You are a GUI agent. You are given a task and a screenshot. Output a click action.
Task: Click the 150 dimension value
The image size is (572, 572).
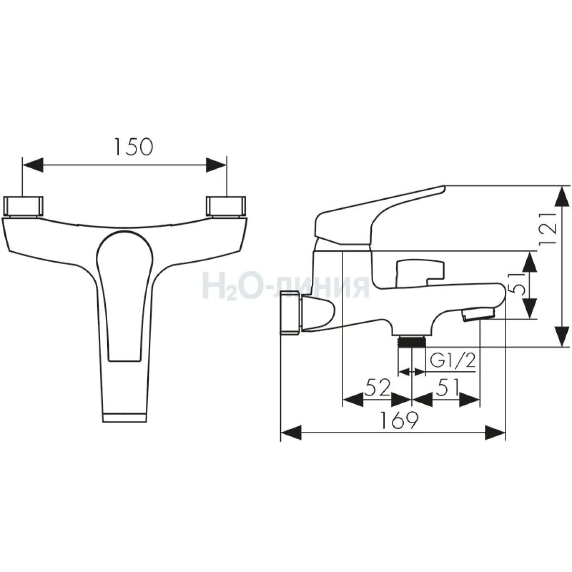point(134,147)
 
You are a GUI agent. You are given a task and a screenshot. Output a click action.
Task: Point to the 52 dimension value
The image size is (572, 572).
point(377,387)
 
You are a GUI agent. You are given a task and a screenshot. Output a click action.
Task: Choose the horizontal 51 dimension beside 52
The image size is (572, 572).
point(447,387)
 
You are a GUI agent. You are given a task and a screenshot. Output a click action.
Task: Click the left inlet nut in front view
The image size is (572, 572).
point(23,206)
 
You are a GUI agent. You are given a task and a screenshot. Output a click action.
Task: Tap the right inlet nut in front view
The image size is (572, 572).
point(226,206)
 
